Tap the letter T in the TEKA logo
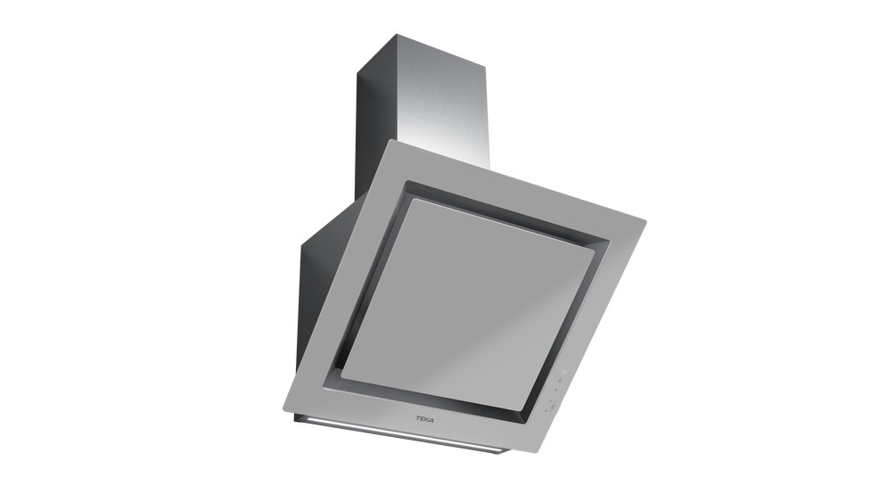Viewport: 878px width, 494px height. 418,418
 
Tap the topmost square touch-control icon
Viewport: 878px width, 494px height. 564,372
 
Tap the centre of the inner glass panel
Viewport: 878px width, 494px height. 468,302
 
